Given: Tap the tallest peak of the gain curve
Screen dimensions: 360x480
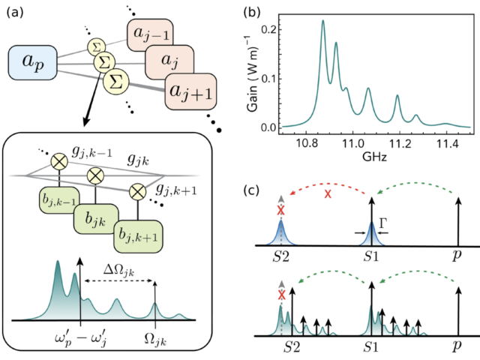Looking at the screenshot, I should coord(323,22).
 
